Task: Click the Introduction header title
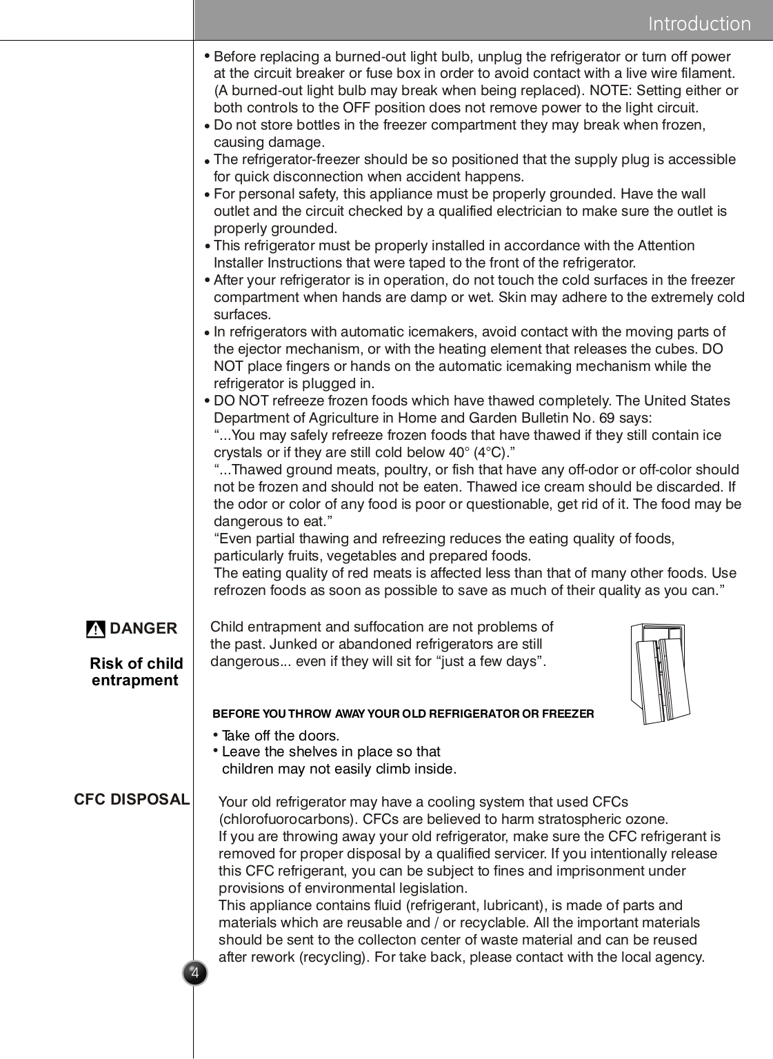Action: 699,23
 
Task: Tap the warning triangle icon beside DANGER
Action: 96,629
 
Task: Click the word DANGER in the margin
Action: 143,628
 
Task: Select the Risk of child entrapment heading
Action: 136,672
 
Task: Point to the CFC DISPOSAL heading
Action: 132,799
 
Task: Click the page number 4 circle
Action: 195,973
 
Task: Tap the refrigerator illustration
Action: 659,674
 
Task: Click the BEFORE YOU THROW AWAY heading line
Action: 403,714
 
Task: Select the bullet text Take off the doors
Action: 281,736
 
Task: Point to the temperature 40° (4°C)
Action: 482,452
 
